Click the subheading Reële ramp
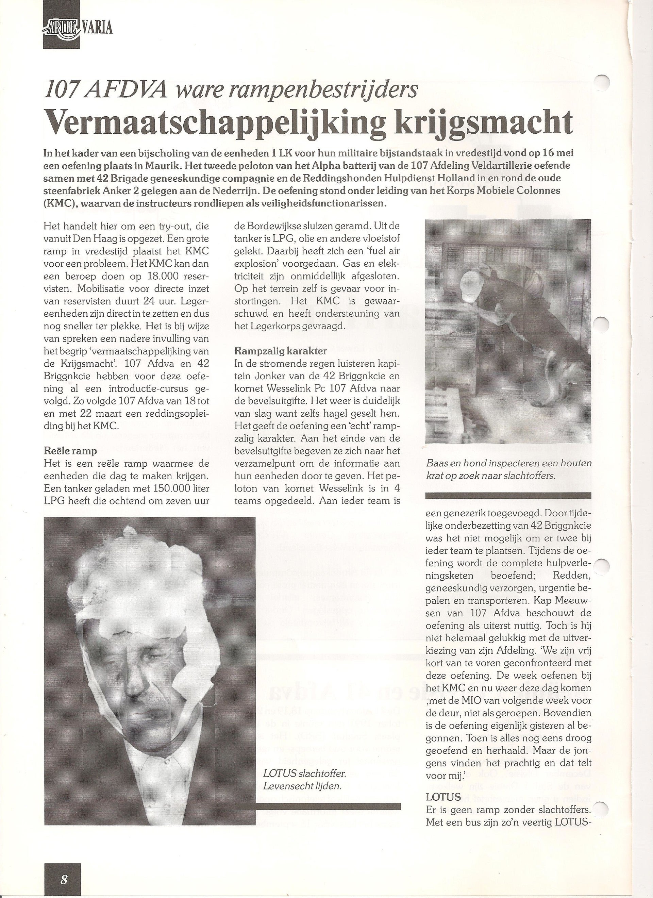click(x=70, y=451)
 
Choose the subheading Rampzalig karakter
click(x=280, y=351)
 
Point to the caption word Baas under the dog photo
click(x=436, y=463)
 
